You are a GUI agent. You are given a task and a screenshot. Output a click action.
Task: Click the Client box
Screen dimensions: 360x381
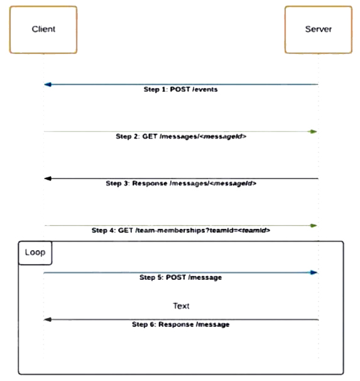(43, 30)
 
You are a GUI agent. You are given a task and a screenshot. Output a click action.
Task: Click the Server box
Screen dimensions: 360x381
(319, 30)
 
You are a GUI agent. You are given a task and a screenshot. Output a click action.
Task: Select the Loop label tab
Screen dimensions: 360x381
(35, 253)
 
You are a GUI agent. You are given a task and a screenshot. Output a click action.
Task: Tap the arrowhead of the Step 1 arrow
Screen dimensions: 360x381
(48, 84)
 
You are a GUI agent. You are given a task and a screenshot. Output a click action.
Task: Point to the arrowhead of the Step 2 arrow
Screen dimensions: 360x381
(314, 131)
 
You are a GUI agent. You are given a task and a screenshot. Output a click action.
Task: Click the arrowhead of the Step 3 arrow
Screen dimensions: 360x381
(48, 179)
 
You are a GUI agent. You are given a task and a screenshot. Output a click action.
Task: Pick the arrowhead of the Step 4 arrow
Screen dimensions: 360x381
(314, 226)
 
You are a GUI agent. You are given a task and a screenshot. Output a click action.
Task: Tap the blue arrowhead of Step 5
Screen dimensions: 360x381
(314, 272)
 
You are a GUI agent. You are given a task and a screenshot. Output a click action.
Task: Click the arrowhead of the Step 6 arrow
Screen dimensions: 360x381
(48, 319)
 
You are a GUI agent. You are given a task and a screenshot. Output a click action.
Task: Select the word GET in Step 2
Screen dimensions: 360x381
(150, 136)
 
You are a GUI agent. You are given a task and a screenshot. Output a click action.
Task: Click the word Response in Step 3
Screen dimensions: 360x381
(150, 183)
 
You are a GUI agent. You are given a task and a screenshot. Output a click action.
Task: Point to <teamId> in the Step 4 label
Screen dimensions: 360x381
(254, 230)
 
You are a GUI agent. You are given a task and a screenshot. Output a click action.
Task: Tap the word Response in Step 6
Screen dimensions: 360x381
(176, 324)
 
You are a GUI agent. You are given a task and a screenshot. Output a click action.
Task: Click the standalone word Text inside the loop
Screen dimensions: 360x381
(181, 306)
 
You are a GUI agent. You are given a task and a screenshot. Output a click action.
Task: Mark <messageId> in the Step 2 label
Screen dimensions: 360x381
(223, 136)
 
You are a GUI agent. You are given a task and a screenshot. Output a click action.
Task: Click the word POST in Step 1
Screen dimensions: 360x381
(180, 89)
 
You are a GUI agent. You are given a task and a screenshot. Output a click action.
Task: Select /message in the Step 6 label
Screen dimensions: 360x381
(212, 324)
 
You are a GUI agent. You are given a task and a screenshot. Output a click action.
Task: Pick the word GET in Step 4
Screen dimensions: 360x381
(125, 230)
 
